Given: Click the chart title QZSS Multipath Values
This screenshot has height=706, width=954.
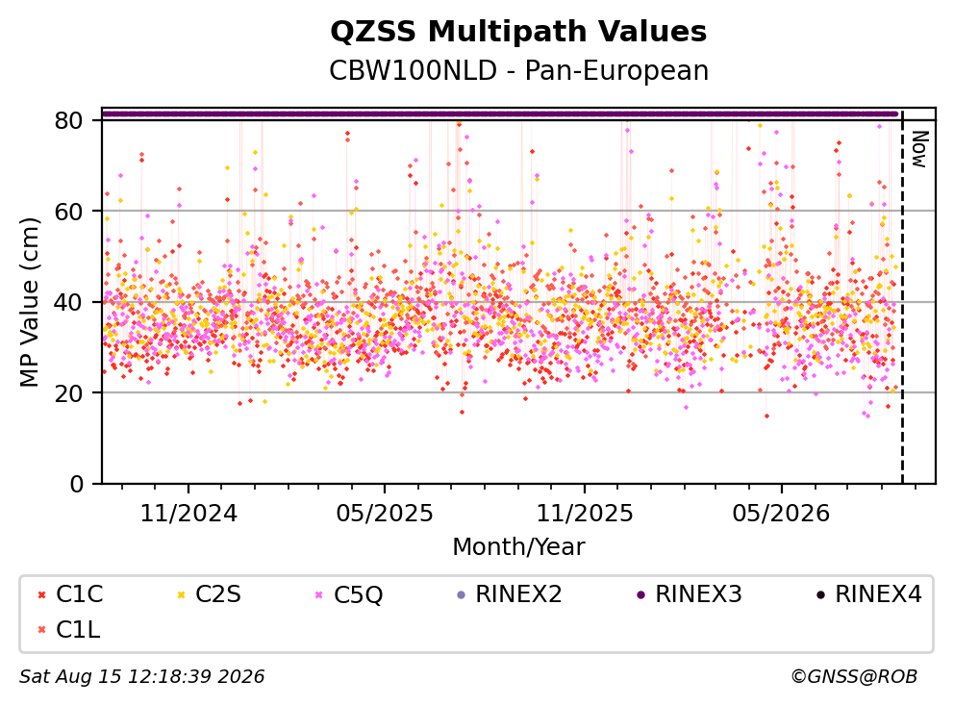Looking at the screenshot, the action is [x=518, y=32].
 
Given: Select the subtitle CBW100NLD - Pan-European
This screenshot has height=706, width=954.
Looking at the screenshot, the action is [x=518, y=70].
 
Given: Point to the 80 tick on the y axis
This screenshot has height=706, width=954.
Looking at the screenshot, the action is [x=68, y=120].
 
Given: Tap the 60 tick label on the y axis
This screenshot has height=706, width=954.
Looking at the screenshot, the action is [x=68, y=212].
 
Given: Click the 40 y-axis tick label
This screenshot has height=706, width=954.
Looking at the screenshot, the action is [x=68, y=302].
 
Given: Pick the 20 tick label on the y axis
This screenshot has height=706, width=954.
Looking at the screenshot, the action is [x=68, y=392].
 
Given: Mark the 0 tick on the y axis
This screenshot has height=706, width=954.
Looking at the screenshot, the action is [x=77, y=484].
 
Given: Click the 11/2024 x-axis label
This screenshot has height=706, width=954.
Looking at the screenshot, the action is [x=188, y=514].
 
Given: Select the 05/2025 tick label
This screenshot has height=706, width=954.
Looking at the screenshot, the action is [x=385, y=514].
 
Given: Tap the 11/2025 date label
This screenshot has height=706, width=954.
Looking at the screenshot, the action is [x=585, y=514].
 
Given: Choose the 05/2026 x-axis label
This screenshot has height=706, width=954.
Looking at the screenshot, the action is [x=781, y=514].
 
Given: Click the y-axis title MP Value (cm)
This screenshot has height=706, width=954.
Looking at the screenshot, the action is [x=29, y=302].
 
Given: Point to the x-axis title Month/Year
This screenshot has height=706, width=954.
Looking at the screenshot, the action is [x=518, y=546].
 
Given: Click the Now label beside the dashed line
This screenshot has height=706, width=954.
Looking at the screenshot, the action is [x=919, y=149].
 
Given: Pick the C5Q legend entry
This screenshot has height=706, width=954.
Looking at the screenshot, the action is [x=349, y=594].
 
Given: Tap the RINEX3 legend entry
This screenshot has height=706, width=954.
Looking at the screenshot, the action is [x=690, y=594].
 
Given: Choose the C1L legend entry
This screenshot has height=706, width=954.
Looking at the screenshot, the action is [x=69, y=630].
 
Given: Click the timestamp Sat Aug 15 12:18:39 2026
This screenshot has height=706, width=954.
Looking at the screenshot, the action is [x=141, y=676].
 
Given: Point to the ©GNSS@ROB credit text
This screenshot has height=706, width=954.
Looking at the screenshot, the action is [x=854, y=676].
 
